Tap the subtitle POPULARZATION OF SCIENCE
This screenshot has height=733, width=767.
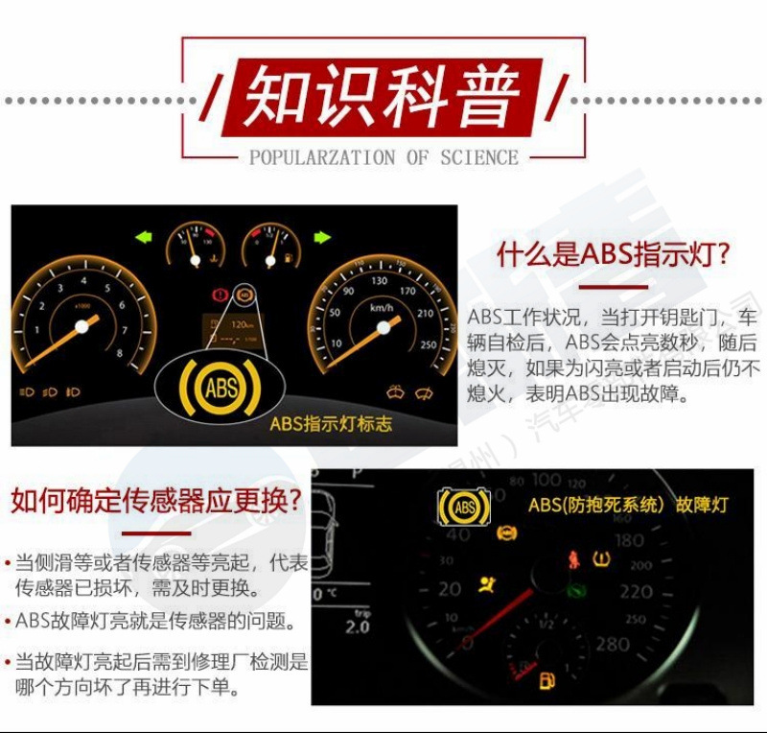click(383, 158)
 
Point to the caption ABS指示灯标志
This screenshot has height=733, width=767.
click(331, 423)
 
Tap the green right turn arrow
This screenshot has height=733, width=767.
click(322, 236)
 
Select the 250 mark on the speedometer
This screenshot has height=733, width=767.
click(428, 346)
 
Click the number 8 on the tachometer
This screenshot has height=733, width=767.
click(120, 352)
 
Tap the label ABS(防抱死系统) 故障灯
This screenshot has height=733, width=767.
click(628, 505)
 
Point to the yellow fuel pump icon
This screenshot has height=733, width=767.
click(546, 682)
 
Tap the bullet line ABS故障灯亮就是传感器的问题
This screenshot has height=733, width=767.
click(153, 621)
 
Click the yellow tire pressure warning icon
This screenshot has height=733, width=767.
click(602, 558)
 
